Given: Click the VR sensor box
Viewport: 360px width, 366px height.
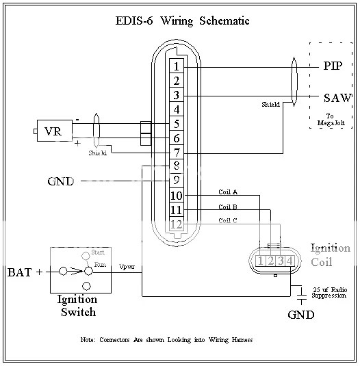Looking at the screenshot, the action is click(55, 131).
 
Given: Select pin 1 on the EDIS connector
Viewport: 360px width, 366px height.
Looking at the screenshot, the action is click(177, 66).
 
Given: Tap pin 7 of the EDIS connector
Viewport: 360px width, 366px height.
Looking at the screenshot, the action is click(177, 153).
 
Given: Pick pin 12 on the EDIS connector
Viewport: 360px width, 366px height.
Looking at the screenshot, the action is click(177, 224).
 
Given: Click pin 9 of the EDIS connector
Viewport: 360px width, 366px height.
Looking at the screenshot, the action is click(177, 181).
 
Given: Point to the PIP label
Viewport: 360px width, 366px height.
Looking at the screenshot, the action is click(333, 66).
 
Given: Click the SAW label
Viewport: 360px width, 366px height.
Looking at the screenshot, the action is click(337, 98).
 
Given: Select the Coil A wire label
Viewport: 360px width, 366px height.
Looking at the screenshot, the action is click(228, 192).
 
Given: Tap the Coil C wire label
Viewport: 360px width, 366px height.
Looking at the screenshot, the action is click(228, 220).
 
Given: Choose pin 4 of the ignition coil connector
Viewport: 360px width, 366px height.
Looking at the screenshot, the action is click(290, 261).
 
